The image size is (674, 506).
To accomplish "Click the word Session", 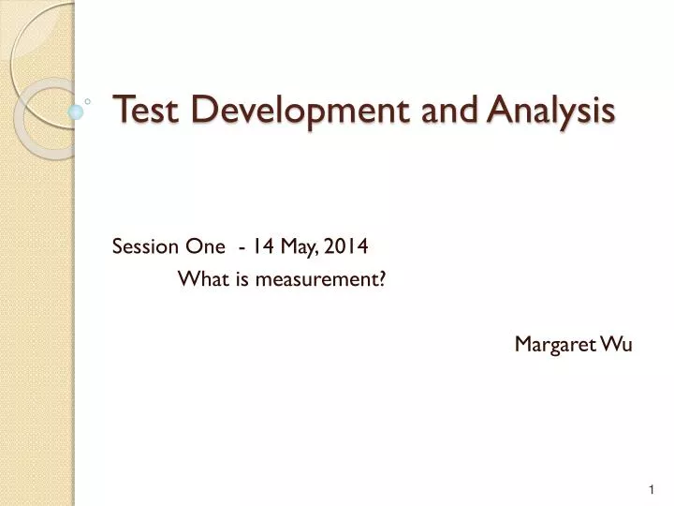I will [140, 246].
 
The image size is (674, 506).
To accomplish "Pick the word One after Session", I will [207, 246].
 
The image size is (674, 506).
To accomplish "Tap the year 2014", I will [347, 246].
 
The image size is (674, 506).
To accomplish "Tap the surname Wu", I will [619, 345].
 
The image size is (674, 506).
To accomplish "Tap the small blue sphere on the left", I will [76, 111].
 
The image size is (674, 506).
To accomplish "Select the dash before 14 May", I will [243, 247].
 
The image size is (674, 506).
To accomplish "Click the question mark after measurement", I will [384, 279].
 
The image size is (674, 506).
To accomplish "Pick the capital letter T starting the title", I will [120, 111].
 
